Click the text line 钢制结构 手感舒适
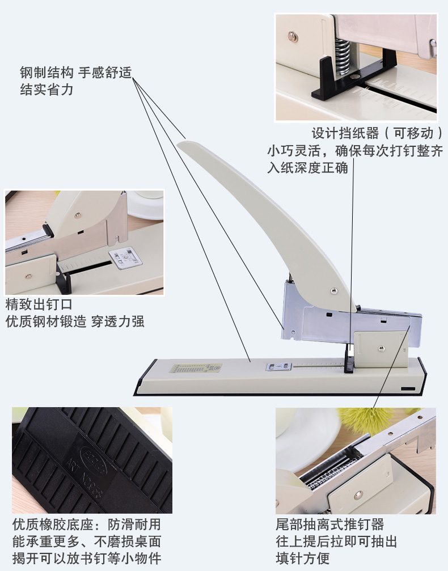(x=76, y=73)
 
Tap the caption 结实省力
(x=47, y=90)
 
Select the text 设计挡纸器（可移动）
(x=378, y=133)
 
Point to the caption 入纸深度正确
(x=308, y=168)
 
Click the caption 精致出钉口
(x=39, y=304)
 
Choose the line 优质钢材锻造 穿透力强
(x=75, y=322)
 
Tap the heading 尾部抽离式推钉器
(x=330, y=525)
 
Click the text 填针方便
(x=303, y=559)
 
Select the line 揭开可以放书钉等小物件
(x=87, y=559)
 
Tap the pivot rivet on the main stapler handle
(x=333, y=290)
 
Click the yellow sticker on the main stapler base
(x=197, y=368)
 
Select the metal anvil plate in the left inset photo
(x=126, y=258)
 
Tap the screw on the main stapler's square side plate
(x=381, y=349)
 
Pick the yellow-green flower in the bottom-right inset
(x=368, y=420)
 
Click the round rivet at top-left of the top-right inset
(x=293, y=37)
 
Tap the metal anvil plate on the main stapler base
(x=279, y=367)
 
